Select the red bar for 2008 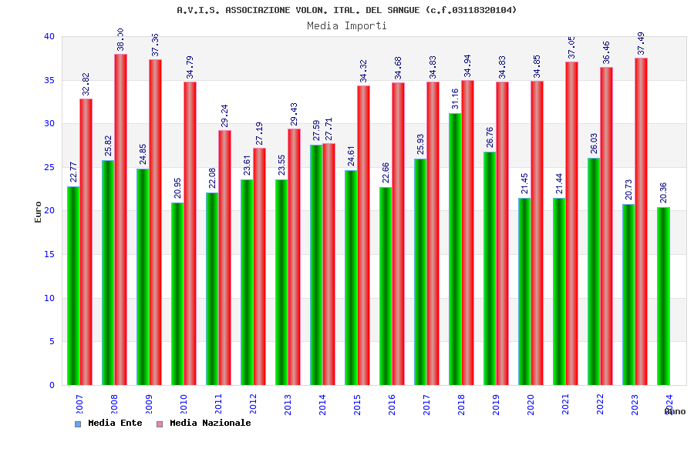coord(120,219)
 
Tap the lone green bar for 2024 coord(663,296)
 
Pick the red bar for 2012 coord(259,266)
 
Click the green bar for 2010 coord(177,293)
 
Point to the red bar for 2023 coord(641,221)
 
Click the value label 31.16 coord(456,99)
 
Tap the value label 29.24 coord(224,116)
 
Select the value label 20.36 coord(664,192)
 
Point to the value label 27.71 coord(329,129)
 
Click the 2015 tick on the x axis coord(358,405)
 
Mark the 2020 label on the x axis coord(531,405)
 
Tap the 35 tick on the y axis coord(49,80)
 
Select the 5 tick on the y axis coord(52,341)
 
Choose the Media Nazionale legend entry coord(209,423)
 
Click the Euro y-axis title coord(39,212)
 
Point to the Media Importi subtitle coord(347,25)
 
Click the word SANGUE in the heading coord(403,10)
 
